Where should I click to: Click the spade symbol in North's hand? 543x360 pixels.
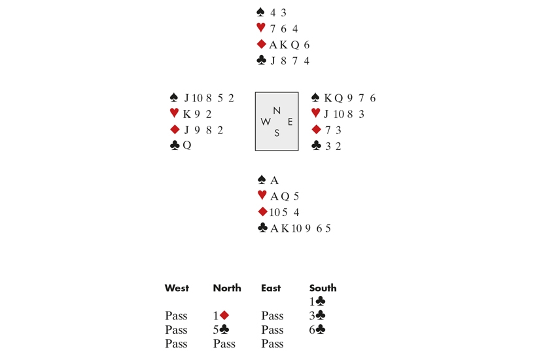[261, 12]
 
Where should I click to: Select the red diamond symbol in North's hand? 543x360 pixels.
[262, 45]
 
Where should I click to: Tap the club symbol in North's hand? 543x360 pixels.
[262, 61]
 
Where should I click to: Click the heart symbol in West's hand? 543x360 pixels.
[174, 113]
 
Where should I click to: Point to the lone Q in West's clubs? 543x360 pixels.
[187, 145]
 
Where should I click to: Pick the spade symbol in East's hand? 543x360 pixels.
[315, 98]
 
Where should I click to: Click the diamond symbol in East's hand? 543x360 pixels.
[317, 130]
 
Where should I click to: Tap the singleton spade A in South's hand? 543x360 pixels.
[274, 180]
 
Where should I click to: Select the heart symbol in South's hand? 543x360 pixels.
[262, 196]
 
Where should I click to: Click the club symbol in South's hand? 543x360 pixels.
[262, 228]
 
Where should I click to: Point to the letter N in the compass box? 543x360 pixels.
[277, 111]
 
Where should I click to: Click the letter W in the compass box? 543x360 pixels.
[266, 122]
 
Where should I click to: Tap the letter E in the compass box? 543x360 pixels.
[290, 122]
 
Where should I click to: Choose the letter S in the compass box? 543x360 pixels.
[277, 133]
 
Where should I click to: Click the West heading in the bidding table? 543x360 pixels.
[177, 288]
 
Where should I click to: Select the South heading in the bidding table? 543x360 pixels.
[323, 288]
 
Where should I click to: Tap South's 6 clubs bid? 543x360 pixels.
[317, 330]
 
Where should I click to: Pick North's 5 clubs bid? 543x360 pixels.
[220, 330]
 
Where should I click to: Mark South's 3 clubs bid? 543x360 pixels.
[317, 316]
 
